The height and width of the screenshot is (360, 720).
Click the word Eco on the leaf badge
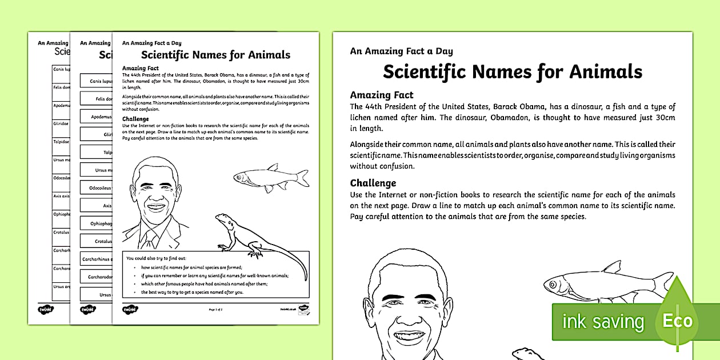pos(677,321)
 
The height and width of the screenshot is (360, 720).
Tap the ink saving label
pos(603,322)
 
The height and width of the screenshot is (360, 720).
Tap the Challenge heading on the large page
pos(373,183)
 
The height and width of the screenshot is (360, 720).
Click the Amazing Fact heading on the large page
pos(382,95)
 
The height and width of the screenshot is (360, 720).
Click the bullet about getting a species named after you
pos(192,292)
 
